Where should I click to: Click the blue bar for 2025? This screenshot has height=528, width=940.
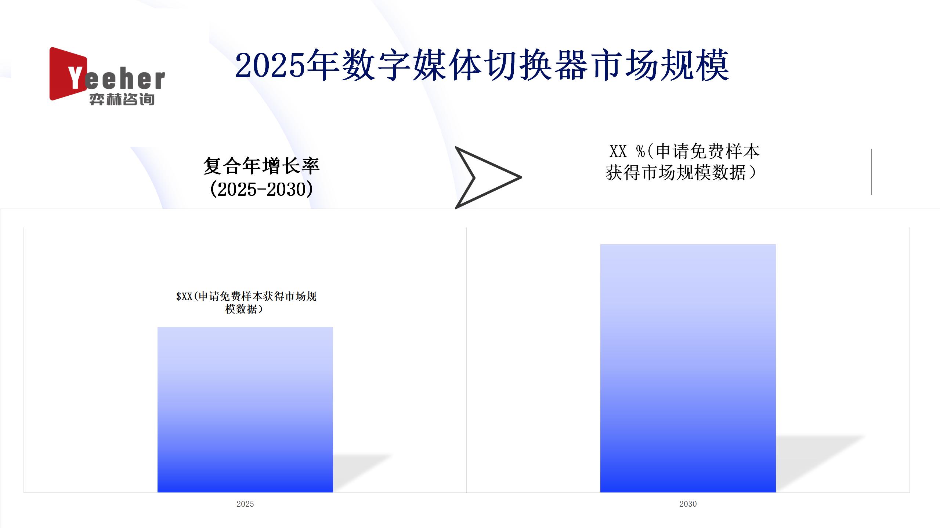[x=245, y=410]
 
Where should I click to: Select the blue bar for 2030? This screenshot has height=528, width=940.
[x=688, y=368]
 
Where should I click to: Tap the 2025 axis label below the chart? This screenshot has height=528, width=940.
[x=245, y=504]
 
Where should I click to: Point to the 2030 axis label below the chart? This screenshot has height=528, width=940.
[x=688, y=504]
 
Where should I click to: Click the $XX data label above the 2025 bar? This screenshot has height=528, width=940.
[x=246, y=302]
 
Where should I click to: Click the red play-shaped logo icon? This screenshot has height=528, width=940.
[x=68, y=74]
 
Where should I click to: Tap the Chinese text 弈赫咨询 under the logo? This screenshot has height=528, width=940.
[x=122, y=99]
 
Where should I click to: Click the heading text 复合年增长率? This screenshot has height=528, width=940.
[x=261, y=166]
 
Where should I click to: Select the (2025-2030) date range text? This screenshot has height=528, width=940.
[x=261, y=189]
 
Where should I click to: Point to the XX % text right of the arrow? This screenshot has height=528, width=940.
[x=627, y=151]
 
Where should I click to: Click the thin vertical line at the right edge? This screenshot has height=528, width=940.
[x=871, y=172]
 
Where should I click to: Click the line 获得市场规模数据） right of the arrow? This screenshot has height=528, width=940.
[x=681, y=172]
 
